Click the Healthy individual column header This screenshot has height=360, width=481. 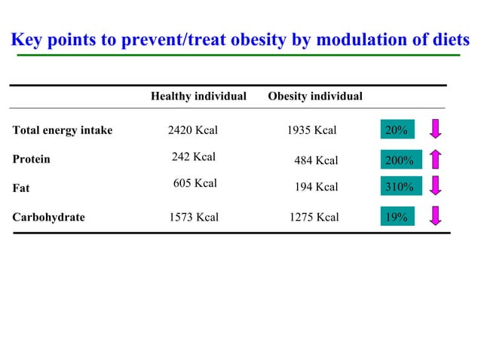click(x=198, y=96)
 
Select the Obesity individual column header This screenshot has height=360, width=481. click(x=314, y=96)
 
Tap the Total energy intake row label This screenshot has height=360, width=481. click(x=63, y=130)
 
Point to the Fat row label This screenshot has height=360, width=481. click(x=21, y=188)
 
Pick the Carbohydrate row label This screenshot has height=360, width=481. click(x=49, y=218)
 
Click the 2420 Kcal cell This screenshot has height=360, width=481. click(x=192, y=130)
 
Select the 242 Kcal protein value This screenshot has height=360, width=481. click(x=194, y=157)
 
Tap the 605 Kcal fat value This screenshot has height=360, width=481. click(x=195, y=183)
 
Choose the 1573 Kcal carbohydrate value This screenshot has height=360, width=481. click(x=194, y=218)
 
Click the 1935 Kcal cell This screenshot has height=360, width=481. click(x=311, y=130)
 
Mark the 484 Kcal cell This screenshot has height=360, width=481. click(x=316, y=160)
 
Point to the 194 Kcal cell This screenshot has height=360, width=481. click(x=316, y=188)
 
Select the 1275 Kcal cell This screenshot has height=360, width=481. click(x=314, y=218)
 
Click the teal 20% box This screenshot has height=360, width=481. click(x=397, y=130)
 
